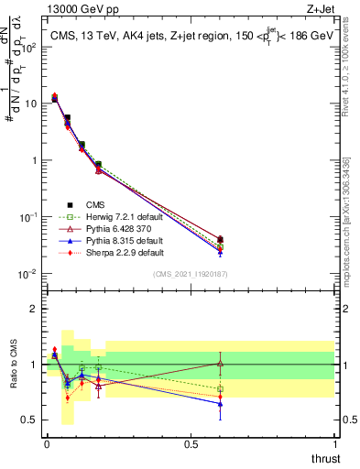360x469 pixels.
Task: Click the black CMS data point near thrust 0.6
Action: [x=220, y=239]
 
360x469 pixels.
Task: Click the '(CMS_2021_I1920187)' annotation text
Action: [x=190, y=274]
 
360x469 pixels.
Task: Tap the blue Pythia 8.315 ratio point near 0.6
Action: [x=220, y=403]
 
